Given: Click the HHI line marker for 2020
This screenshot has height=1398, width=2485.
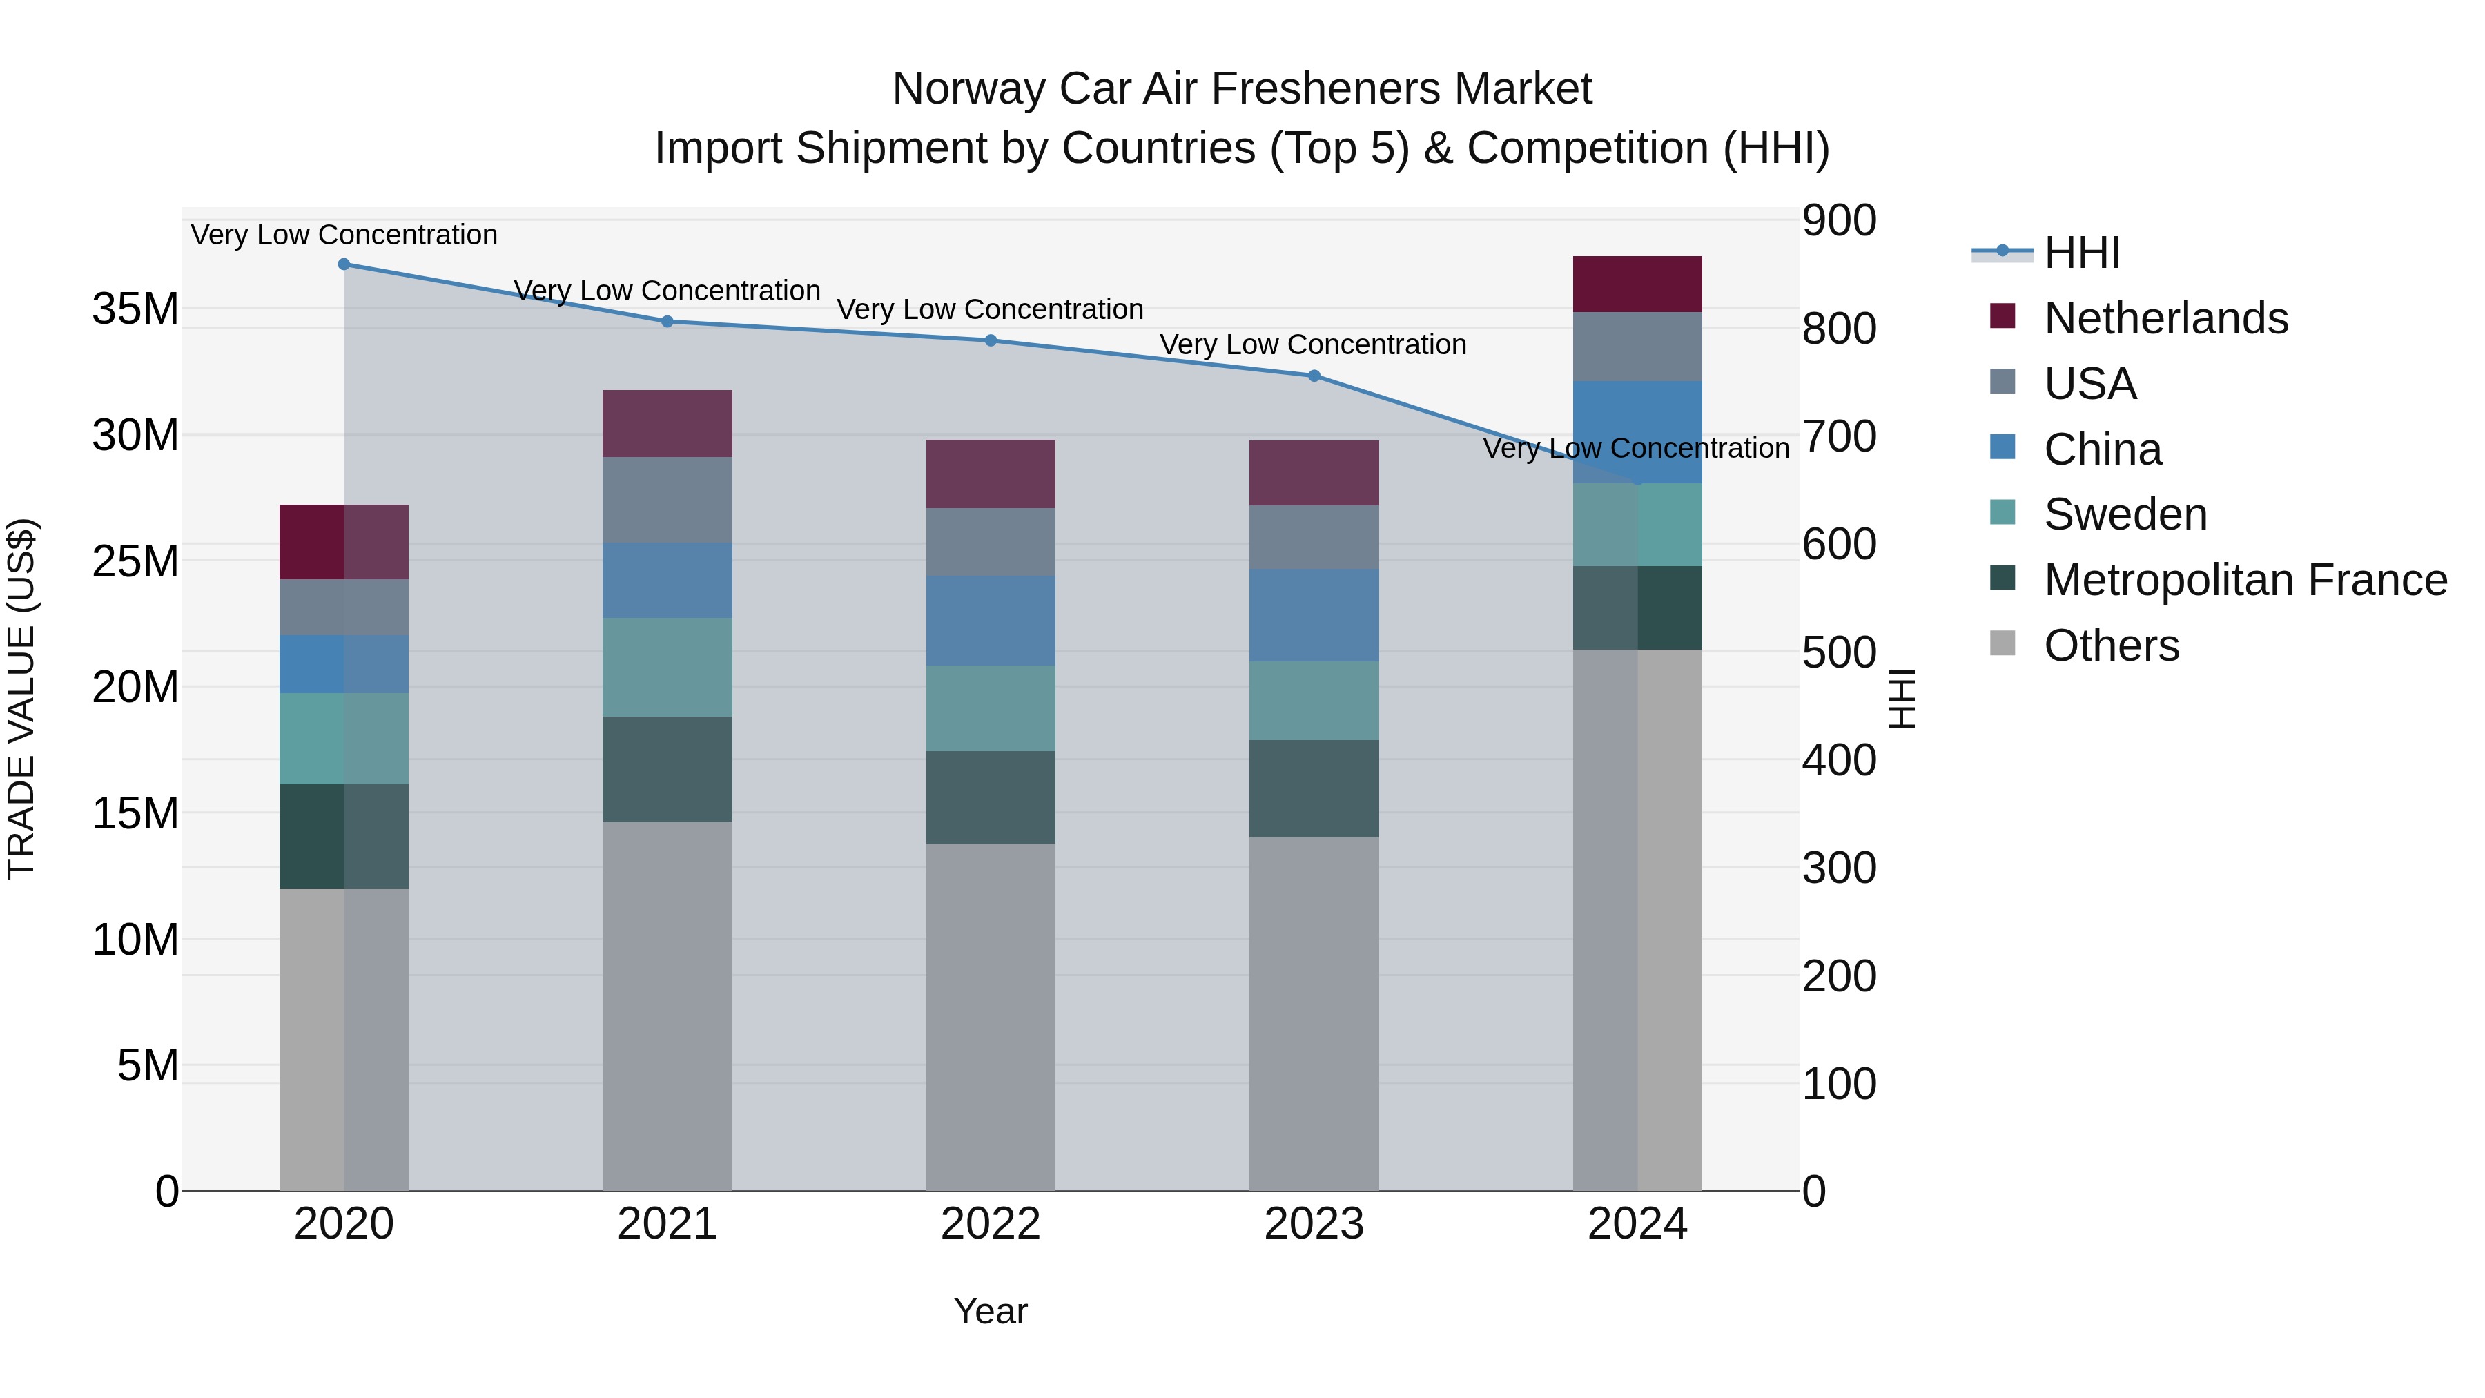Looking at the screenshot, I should [x=344, y=264].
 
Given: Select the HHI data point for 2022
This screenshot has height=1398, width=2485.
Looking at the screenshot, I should [x=990, y=340].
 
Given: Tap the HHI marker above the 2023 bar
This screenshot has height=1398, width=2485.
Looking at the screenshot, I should [x=1314, y=376].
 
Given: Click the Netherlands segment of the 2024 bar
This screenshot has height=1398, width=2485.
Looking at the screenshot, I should [x=1637, y=284].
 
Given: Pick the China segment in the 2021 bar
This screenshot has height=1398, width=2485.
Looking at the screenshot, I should [x=667, y=580].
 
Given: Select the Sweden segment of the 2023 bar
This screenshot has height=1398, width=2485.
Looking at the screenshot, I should [x=1314, y=701].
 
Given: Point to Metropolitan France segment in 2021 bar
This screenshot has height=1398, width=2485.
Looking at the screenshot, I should [x=667, y=769].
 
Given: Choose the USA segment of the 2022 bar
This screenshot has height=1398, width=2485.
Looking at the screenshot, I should [x=990, y=541].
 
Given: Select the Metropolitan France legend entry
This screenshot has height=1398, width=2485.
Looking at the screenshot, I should [x=2244, y=580].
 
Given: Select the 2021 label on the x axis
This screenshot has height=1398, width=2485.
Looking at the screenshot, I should [x=667, y=1224].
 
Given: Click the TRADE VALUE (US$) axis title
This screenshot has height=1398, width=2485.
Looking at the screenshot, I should [x=21, y=699].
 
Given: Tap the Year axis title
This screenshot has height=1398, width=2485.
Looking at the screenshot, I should [x=990, y=1311].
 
